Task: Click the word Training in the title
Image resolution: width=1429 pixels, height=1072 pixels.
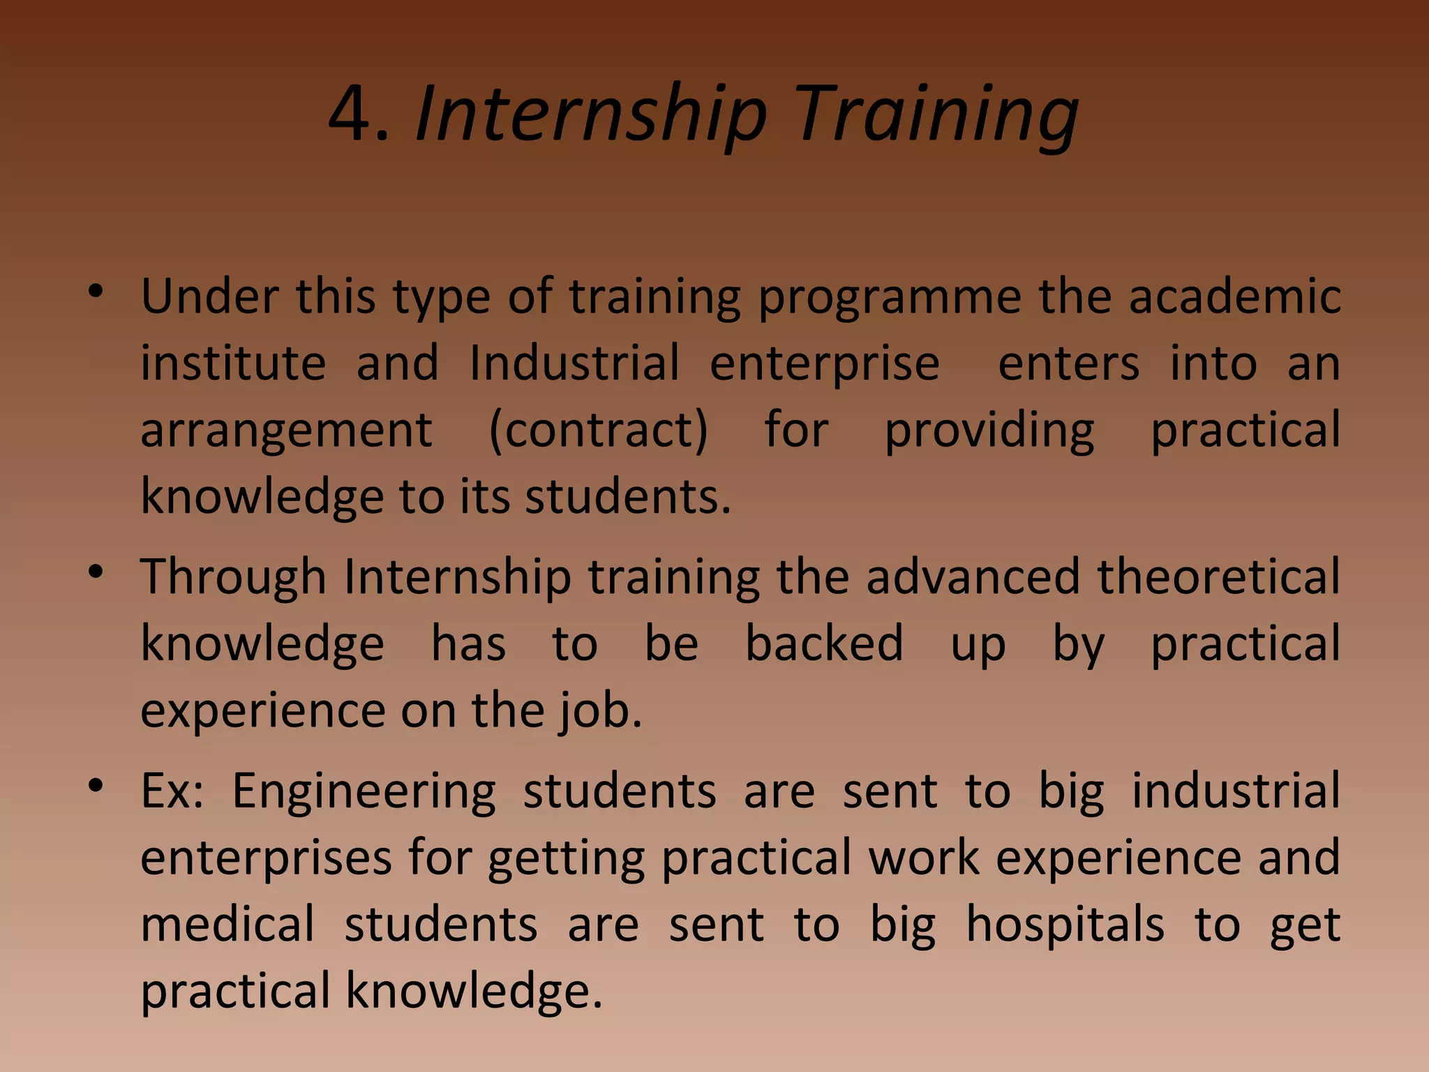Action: click(x=936, y=115)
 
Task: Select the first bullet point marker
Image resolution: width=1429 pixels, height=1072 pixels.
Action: click(x=96, y=291)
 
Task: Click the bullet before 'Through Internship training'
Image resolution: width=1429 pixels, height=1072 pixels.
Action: click(x=96, y=572)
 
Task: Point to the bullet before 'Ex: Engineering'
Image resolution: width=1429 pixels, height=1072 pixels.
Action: click(x=96, y=785)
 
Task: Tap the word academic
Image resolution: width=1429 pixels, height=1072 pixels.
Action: click(x=1234, y=297)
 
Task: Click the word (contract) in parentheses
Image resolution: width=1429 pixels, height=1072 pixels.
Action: click(x=598, y=431)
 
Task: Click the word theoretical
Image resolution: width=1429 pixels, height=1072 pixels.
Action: click(x=1218, y=577)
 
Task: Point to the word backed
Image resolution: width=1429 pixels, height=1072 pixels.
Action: click(x=824, y=643)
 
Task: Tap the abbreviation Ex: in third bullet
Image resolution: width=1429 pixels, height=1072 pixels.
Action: click(x=172, y=791)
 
